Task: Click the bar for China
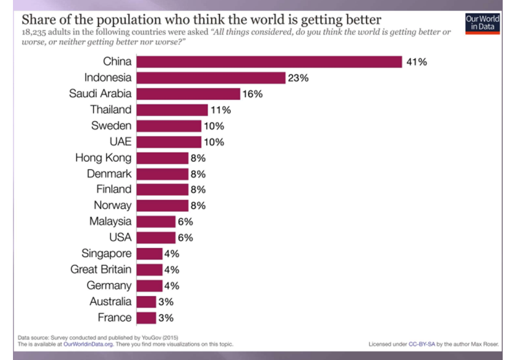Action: pos(269,62)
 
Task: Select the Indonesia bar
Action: pos(211,78)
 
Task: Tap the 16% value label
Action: pos(252,94)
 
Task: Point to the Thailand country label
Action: pos(111,109)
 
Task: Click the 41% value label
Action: pos(417,62)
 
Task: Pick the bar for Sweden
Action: pos(169,126)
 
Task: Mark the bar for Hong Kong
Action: pos(163,157)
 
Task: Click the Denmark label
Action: pos(109,174)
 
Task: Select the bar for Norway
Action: pos(163,205)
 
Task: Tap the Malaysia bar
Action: pos(156,221)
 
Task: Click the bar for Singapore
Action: pos(150,253)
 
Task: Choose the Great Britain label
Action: pos(100,269)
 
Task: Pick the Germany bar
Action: pos(150,286)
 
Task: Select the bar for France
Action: pos(146,317)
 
